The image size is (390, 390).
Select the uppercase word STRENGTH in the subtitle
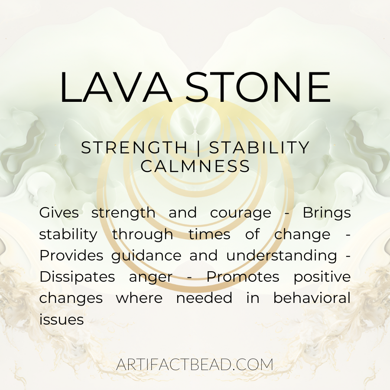coord(134,147)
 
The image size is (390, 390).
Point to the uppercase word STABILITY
coord(260,147)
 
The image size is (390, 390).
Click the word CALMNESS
coord(195,166)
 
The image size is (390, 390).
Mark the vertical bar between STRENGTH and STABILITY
coord(198,148)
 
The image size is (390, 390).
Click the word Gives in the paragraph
coord(59,213)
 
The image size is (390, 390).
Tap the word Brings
coord(327,213)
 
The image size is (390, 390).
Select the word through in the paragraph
coord(143,235)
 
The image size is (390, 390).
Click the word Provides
coord(71,255)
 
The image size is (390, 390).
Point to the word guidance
coord(146,256)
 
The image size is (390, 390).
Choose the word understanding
coord(282,256)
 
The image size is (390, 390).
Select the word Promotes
coord(243,277)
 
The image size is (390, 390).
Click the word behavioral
coord(312,298)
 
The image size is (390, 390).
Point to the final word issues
coord(62,319)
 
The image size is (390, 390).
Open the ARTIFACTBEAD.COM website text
coord(195,364)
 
